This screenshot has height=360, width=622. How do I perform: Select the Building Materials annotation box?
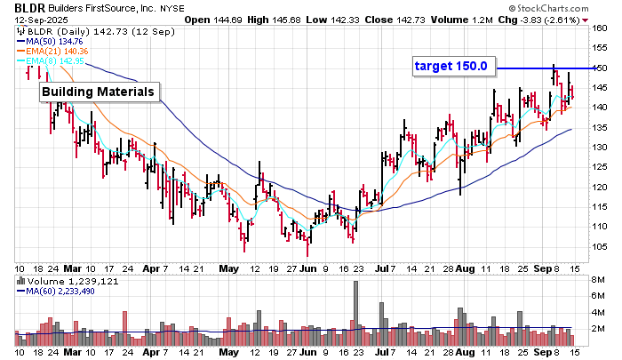(x=99, y=92)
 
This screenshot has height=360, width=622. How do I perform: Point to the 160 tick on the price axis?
(x=600, y=28)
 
